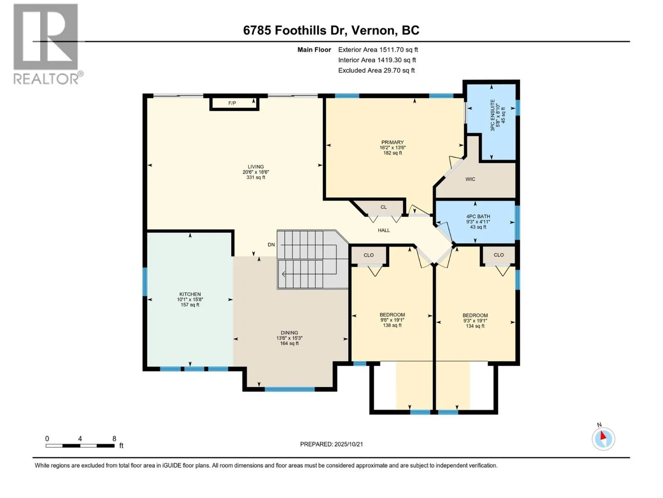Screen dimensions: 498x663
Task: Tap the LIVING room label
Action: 256,167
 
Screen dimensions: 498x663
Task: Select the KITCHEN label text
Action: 190,294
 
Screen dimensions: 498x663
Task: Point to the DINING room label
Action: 289,333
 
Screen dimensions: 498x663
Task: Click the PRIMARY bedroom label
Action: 392,142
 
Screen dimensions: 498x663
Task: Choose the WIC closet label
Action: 470,179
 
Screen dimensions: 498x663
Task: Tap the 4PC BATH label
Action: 478,217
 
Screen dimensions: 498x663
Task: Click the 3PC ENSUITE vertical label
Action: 493,115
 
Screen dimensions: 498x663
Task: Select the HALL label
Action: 384,230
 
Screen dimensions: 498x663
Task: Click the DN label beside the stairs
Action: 271,245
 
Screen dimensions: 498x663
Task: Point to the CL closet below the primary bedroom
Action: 384,207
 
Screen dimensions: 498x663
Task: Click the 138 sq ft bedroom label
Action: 392,320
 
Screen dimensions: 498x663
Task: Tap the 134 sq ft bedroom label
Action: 475,320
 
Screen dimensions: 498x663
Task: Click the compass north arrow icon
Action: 603,439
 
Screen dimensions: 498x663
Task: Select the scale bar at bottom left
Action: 80,446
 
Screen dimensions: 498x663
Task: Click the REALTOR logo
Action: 46,44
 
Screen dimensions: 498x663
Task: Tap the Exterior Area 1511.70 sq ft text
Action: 378,50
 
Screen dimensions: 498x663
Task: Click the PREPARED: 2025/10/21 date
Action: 331,444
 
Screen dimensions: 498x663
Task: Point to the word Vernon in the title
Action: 373,30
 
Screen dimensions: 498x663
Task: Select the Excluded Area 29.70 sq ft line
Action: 376,71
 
